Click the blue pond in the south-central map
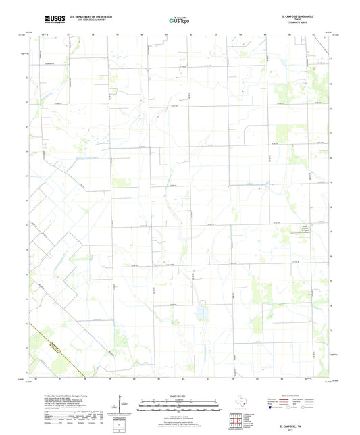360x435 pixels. click(x=201, y=312)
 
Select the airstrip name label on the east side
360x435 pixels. click(x=302, y=229)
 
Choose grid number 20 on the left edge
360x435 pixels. click(x=27, y=151)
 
